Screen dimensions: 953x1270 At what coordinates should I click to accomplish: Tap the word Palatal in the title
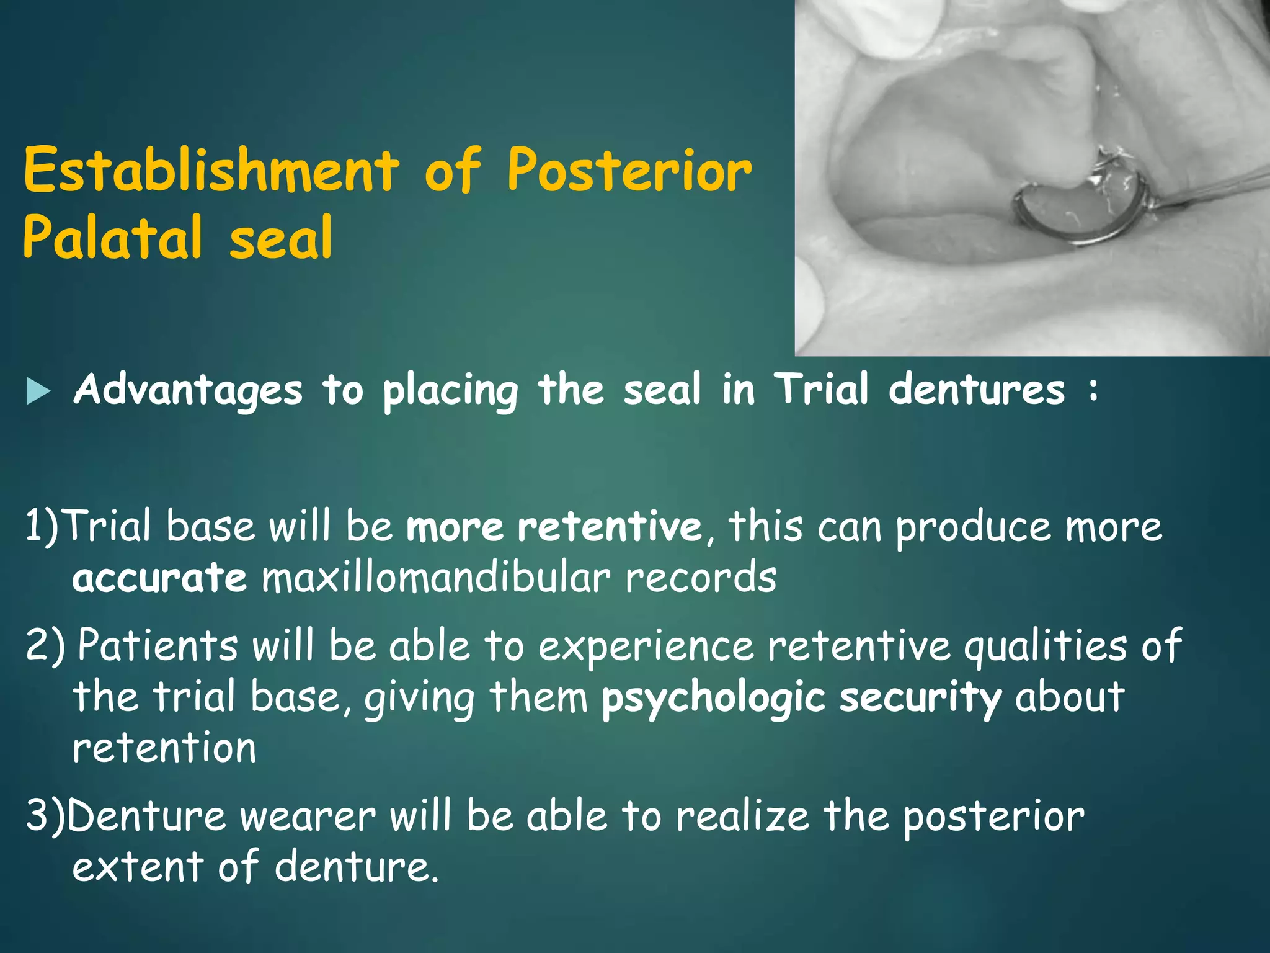[x=112, y=238]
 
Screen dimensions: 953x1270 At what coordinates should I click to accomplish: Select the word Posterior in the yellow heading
[x=629, y=171]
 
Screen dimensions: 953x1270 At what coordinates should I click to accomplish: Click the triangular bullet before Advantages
[x=38, y=392]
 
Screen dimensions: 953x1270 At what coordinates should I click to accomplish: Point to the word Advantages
[x=188, y=391]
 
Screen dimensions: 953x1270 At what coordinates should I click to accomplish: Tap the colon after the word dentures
[x=1093, y=391]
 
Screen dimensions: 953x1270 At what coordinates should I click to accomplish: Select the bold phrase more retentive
[x=553, y=527]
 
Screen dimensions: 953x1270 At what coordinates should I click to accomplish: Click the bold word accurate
[x=159, y=578]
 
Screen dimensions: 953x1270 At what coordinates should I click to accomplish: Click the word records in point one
[x=700, y=578]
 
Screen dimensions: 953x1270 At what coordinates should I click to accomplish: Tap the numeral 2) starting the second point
[x=45, y=645]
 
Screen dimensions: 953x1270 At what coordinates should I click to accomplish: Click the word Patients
[x=158, y=645]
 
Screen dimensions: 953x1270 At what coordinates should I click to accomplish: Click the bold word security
[x=920, y=697]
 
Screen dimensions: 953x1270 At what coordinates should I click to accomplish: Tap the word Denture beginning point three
[x=146, y=816]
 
